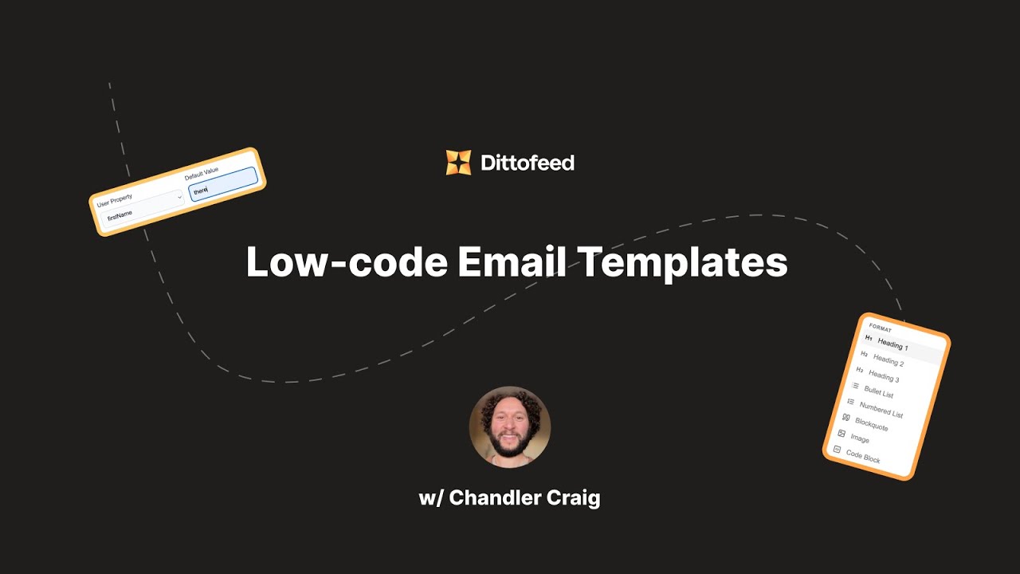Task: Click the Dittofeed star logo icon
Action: pyautogui.click(x=458, y=163)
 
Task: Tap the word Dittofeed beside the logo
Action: pyautogui.click(x=528, y=163)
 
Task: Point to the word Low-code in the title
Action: pyautogui.click(x=346, y=262)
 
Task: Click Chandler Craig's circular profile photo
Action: pyautogui.click(x=510, y=427)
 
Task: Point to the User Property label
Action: pyautogui.click(x=115, y=200)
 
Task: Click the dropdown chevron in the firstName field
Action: pyautogui.click(x=179, y=197)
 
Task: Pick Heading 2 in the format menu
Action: pyautogui.click(x=888, y=360)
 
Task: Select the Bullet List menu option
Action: pyautogui.click(x=878, y=392)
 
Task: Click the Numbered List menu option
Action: pyautogui.click(x=881, y=409)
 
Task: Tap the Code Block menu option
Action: pyautogui.click(x=862, y=457)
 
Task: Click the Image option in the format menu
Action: pyautogui.click(x=859, y=438)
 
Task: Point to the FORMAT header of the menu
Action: pyautogui.click(x=880, y=328)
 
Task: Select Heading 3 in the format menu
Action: pyautogui.click(x=883, y=376)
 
